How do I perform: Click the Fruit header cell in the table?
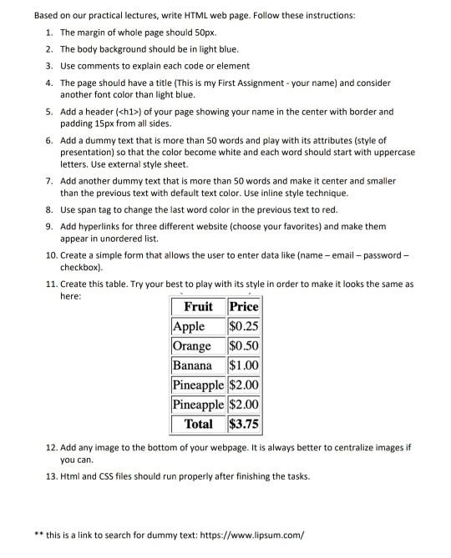(x=198, y=306)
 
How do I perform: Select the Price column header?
(x=243, y=306)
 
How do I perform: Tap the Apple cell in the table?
(x=189, y=326)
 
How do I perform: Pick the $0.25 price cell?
(x=243, y=326)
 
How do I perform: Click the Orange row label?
(x=192, y=345)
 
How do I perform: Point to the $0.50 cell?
(x=243, y=345)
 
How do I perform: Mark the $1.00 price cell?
(x=243, y=365)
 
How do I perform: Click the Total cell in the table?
(x=198, y=424)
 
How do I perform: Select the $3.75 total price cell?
(x=243, y=424)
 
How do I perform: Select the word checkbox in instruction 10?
(x=81, y=268)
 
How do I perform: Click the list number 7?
(x=50, y=180)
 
